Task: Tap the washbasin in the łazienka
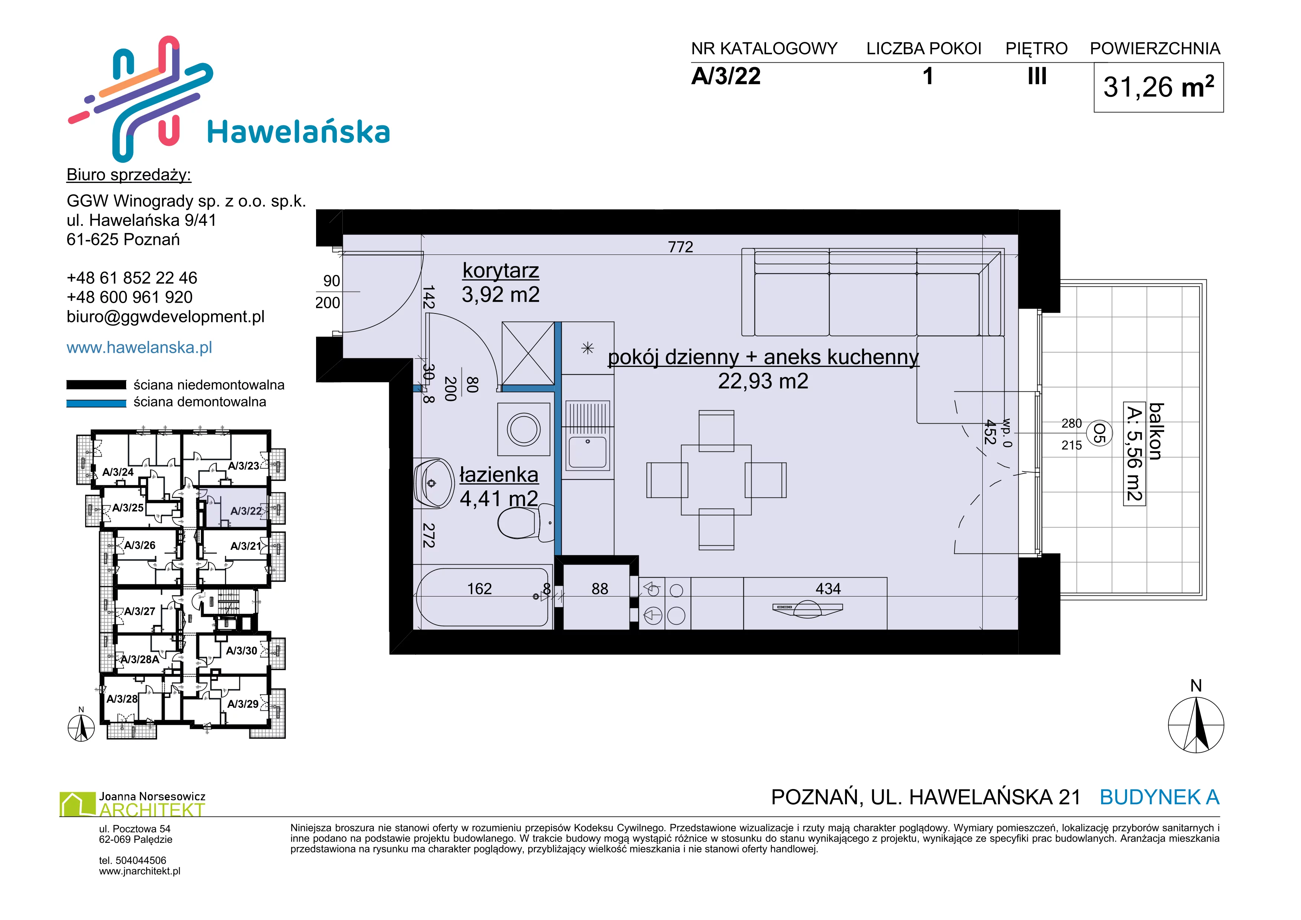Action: (433, 483)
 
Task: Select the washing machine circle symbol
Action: (523, 429)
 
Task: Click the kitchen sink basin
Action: (588, 453)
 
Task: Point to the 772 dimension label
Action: (680, 247)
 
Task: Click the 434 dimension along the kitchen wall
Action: (828, 589)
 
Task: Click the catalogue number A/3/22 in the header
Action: (726, 76)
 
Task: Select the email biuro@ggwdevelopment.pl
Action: (165, 317)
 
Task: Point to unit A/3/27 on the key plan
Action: (139, 611)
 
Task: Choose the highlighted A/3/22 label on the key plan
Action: (246, 511)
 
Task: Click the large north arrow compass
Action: (1196, 724)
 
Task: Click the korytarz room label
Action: (500, 271)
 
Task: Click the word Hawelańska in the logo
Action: (299, 132)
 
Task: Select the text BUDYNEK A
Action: (1159, 797)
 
